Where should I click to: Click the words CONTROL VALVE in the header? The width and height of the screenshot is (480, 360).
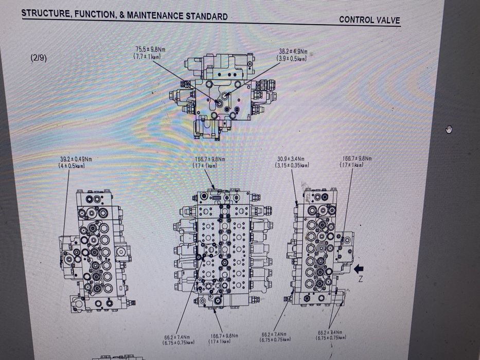click(369, 20)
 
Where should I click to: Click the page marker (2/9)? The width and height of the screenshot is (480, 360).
click(39, 58)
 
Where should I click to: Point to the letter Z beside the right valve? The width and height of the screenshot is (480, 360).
click(361, 279)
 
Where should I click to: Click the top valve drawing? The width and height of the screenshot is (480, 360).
click(221, 95)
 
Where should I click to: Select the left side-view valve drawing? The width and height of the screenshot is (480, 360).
click(96, 250)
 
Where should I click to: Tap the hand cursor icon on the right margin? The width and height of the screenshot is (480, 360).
click(449, 129)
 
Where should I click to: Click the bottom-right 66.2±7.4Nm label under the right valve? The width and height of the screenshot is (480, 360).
click(332, 335)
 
